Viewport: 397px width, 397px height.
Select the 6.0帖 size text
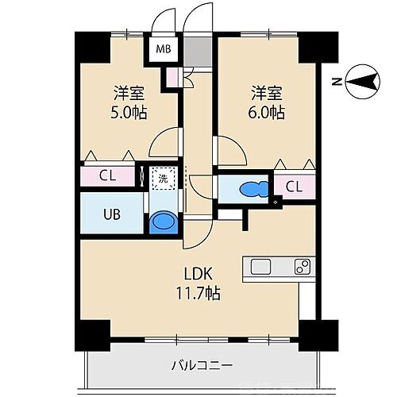point(266,112)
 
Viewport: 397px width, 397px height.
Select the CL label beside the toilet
point(293,187)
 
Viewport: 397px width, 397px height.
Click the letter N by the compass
point(337,81)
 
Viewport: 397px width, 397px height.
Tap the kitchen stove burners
point(301,266)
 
